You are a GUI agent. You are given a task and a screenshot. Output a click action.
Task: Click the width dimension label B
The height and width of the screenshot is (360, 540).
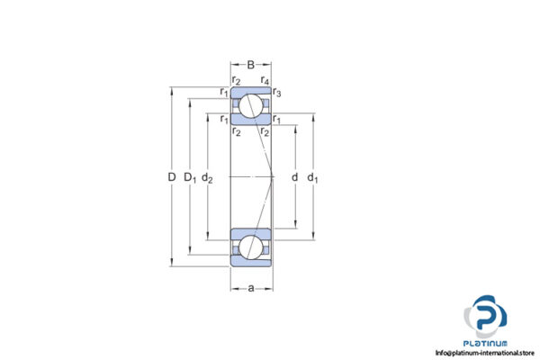tap(251, 64)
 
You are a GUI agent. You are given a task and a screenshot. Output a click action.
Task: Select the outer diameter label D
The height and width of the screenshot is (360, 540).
tap(172, 177)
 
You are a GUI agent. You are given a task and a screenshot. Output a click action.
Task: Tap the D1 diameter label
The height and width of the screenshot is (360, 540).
tap(191, 177)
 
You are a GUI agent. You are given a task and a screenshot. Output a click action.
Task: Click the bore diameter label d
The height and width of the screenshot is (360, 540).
tap(294, 177)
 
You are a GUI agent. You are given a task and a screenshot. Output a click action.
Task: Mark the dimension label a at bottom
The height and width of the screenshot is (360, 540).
tap(251, 289)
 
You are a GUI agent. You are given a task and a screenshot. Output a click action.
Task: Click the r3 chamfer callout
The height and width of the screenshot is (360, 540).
tap(277, 94)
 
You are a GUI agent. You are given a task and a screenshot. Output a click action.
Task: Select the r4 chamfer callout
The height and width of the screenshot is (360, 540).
tap(265, 81)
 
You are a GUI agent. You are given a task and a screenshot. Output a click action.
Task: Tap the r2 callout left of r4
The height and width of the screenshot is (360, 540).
tap(236, 81)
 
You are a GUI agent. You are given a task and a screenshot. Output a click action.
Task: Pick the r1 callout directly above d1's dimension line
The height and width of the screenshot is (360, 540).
tap(277, 119)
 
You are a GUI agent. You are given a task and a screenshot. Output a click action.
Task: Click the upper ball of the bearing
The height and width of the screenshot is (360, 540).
tap(251, 108)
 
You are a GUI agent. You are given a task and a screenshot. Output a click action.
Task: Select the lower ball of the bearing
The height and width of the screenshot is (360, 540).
tap(251, 247)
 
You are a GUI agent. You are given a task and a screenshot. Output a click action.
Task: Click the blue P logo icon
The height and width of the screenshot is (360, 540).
tap(485, 317)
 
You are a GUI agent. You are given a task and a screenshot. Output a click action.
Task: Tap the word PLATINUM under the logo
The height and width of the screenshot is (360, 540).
tap(486, 342)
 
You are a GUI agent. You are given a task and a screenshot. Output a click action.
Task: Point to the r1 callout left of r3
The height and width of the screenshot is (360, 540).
tap(223, 93)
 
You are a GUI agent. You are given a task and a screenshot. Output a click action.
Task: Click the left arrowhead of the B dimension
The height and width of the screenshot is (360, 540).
tap(233, 64)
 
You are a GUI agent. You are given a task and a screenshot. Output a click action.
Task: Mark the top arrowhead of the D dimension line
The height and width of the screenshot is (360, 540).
tap(172, 89)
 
